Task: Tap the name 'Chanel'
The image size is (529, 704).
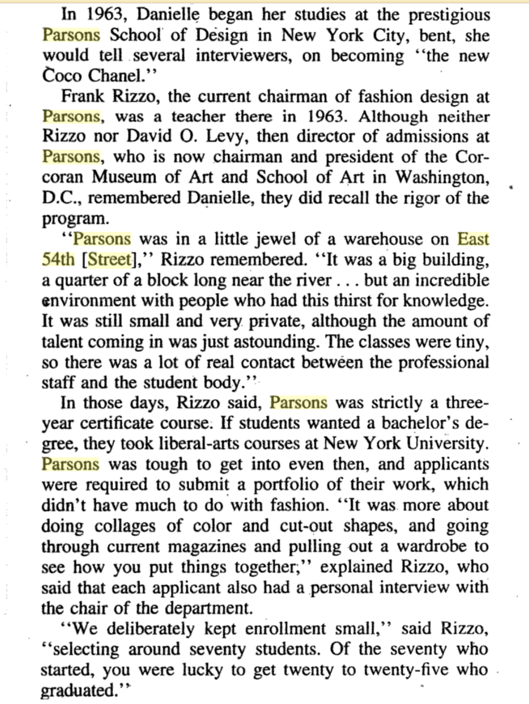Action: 114,76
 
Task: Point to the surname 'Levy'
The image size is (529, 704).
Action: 226,137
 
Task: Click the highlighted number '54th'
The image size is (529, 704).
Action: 58,259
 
